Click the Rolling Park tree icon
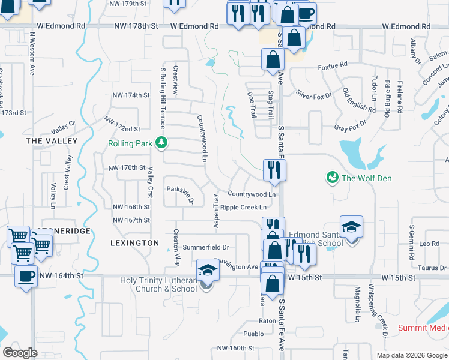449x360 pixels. coord(161,143)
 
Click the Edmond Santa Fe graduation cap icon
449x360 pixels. coord(351,227)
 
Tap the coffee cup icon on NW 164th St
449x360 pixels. coord(26,276)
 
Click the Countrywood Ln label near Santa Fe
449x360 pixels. coord(252,194)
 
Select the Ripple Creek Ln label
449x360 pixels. coord(243,208)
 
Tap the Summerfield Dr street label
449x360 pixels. coord(206,247)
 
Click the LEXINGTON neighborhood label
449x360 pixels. coord(134,243)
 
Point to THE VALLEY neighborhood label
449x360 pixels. coord(52,140)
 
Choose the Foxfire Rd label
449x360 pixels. coord(333,65)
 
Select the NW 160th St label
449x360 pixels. coord(236,348)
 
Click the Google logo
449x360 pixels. coord(20,353)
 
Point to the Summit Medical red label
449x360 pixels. coord(423,328)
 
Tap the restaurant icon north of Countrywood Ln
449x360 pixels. coord(274,169)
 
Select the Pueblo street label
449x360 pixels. coord(253,334)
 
